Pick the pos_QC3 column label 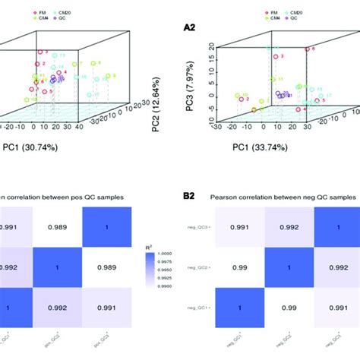coord(102,344)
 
